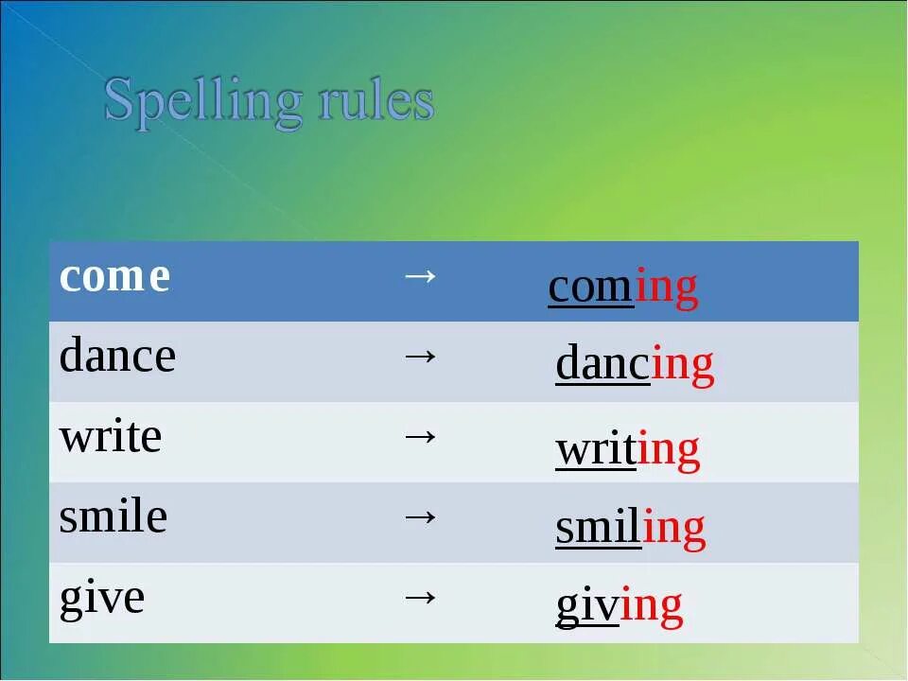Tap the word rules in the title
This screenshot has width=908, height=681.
coord(375,100)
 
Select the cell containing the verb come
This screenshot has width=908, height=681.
coord(114,277)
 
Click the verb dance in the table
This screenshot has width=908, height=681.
coord(117,358)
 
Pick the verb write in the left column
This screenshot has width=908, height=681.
coord(110,438)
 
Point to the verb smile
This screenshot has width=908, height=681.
coord(113,517)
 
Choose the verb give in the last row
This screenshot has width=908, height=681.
coord(102,599)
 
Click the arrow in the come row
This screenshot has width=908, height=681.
coord(420,275)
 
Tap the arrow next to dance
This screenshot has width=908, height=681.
coord(420,356)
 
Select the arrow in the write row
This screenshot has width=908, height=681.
coord(420,436)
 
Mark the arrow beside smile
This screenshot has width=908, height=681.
coord(420,516)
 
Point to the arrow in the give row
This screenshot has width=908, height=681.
coord(420,596)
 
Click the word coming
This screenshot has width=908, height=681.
coord(622,288)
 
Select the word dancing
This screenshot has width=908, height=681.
coord(634,366)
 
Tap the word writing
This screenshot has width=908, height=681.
coord(627,450)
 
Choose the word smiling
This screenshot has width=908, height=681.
coord(630,530)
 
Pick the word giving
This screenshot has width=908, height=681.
coord(619,607)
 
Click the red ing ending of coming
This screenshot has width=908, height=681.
coord(666,288)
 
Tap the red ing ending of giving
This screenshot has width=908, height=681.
coord(651,607)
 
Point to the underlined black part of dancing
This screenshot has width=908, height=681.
coord(602,366)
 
